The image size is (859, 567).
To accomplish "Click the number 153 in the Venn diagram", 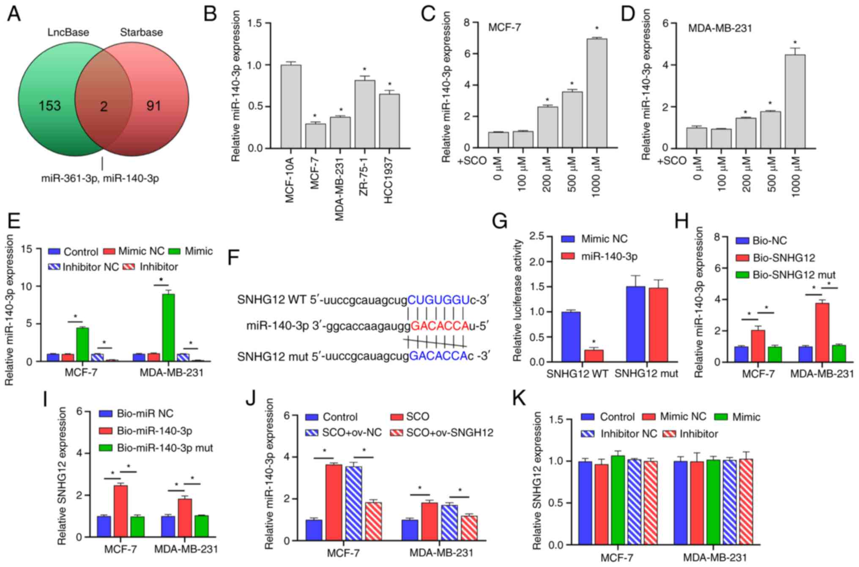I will [50, 106].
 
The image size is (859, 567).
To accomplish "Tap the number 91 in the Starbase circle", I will [154, 106].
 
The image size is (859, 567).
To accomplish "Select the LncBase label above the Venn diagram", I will [68, 33].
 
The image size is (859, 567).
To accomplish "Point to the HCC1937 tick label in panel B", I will [389, 181].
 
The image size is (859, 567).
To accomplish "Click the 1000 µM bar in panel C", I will [596, 93].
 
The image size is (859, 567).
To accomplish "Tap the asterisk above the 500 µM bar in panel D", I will [770, 104].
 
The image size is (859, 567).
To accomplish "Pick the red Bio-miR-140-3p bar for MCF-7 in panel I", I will [121, 511].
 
